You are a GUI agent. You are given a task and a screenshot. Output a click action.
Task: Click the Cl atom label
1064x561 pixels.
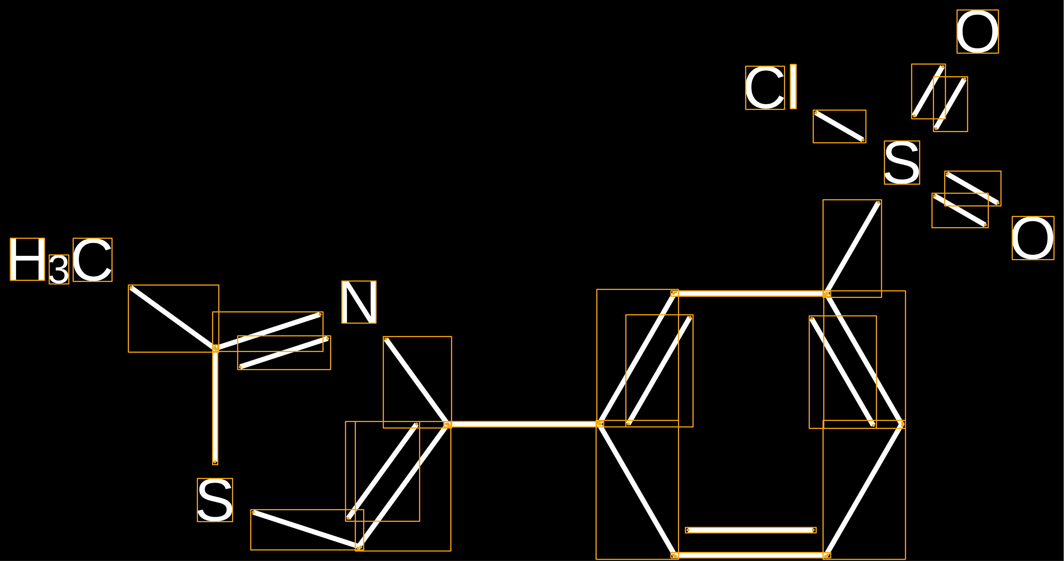tap(771, 87)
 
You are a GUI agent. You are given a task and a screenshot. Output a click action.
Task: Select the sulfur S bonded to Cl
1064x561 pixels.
tap(902, 163)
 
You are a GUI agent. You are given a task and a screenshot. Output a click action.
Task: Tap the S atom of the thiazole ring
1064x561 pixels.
tap(215, 500)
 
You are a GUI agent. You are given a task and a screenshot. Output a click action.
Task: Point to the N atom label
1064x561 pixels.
tap(359, 302)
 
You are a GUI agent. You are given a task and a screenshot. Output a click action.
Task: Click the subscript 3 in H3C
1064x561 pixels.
tap(59, 269)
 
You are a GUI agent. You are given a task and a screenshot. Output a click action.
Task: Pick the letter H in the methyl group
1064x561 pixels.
tap(27, 259)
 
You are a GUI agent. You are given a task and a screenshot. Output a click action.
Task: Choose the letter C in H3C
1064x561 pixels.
tap(93, 260)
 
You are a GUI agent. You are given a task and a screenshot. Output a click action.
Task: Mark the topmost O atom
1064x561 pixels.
tap(978, 31)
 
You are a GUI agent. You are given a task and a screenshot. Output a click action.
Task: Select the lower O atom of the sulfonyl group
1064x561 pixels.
tap(1033, 238)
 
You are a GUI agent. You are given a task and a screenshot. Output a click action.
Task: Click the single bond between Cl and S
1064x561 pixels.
tap(839, 126)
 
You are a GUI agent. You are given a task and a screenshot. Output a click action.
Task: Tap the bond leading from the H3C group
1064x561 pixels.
tap(174, 318)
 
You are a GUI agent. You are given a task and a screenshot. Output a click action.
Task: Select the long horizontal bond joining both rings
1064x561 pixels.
tap(524, 424)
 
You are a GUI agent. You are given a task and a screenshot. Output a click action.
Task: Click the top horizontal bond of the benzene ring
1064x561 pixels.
tap(750, 294)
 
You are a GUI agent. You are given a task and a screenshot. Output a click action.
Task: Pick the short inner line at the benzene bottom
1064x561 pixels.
tap(751, 530)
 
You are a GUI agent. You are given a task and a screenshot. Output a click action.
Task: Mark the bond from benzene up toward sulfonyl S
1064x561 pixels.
tap(852, 248)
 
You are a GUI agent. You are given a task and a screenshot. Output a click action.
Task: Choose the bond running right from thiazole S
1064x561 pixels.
tap(307, 530)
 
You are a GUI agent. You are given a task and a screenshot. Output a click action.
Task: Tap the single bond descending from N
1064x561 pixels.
tap(417, 382)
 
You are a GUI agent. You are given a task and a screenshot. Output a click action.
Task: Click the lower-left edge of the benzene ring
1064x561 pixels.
tap(637, 490)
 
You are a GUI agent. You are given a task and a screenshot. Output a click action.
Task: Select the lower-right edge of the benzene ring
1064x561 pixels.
tap(864, 490)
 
